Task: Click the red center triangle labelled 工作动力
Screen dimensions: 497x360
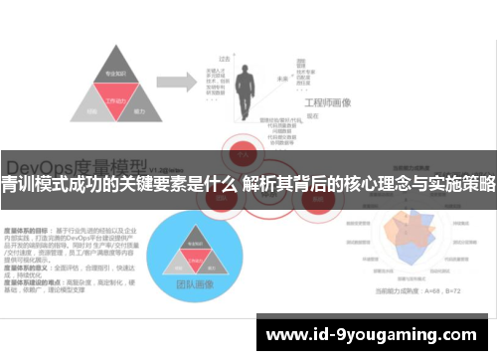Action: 113,99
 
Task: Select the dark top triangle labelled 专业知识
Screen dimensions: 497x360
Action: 113,75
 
